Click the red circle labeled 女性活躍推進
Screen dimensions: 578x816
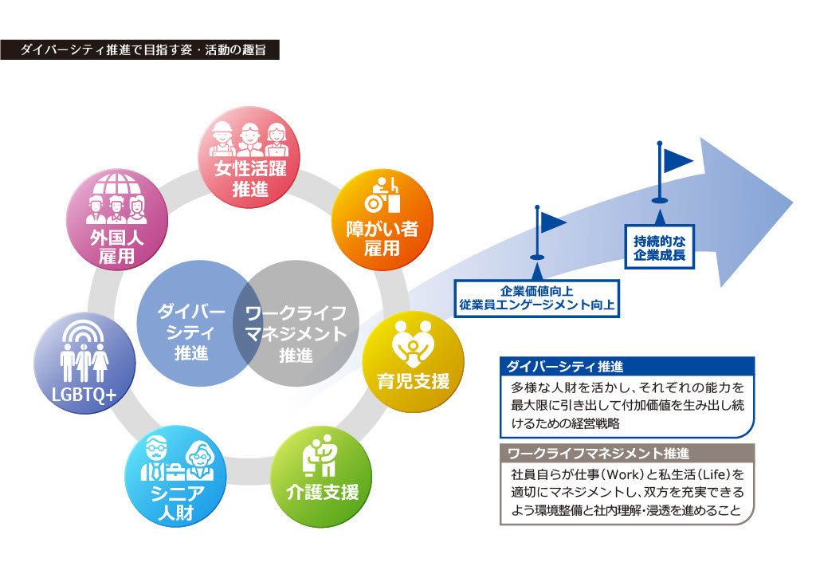tap(247, 167)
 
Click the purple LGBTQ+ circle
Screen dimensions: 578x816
tap(84, 363)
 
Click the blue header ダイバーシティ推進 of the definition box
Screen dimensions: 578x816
tap(626, 368)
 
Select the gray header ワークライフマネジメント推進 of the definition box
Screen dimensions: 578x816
tap(626, 454)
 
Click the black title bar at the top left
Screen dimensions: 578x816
tap(140, 49)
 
